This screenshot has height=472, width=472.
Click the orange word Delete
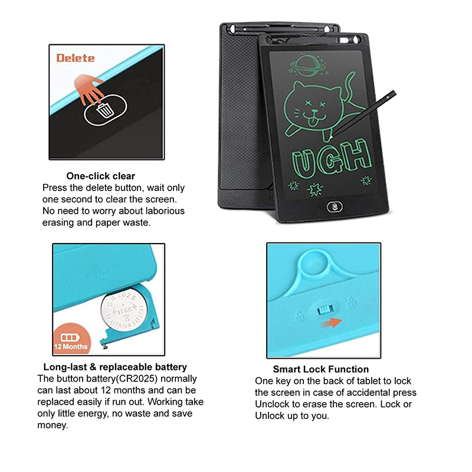click(76, 58)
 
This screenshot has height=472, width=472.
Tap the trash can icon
click(105, 110)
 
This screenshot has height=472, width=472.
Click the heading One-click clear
click(100, 176)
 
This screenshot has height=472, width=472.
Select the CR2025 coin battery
click(123, 310)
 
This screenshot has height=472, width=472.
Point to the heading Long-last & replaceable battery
click(115, 367)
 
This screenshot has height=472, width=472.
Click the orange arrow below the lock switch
click(332, 322)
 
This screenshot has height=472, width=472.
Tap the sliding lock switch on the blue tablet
click(325, 309)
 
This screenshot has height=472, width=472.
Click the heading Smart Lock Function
click(320, 369)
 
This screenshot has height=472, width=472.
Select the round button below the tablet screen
click(335, 206)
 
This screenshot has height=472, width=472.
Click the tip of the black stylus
click(330, 139)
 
